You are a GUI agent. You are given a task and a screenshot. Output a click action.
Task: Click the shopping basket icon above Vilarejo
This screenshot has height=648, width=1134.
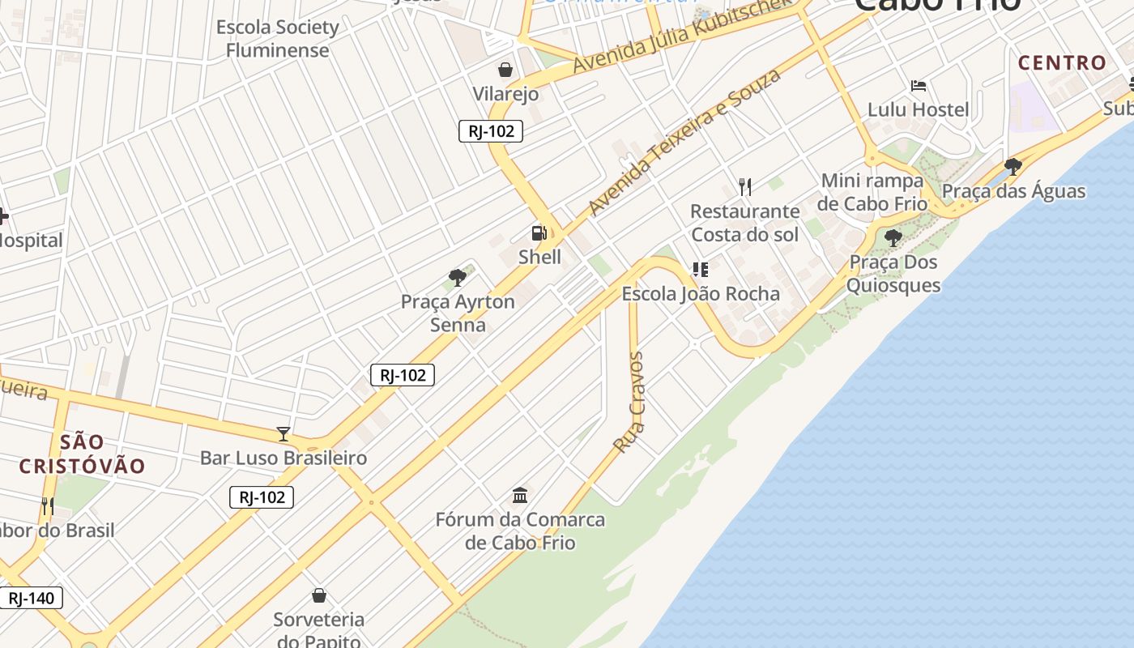coord(505,70)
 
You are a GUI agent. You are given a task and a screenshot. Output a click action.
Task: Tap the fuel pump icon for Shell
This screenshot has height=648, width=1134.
coord(539,233)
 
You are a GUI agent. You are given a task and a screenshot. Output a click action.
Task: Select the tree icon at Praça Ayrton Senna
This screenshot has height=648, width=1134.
coord(458,278)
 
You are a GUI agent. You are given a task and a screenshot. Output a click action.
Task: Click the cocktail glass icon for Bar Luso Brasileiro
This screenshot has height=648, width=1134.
coord(283,434)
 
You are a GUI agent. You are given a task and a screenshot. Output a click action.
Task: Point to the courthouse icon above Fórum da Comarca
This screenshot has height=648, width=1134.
coord(520,495)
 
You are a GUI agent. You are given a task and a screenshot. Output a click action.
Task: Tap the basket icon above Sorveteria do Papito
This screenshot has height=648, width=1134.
coord(319,596)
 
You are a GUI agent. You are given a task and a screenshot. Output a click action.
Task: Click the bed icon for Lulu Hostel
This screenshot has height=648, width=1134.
coord(918,86)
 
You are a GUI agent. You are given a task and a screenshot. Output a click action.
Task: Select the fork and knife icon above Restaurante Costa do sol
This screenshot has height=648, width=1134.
coord(745,187)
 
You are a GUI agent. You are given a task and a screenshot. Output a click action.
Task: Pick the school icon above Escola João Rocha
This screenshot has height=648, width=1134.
coord(701,270)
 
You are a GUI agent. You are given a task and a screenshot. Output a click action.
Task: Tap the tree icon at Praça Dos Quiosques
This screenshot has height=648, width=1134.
coord(893,238)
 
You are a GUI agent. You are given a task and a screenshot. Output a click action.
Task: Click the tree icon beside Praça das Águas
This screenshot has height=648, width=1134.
coord(1013,167)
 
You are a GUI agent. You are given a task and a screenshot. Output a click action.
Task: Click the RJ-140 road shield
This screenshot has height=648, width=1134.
coord(31,599)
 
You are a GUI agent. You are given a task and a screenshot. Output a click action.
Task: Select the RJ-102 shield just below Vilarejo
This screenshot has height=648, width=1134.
coord(491,131)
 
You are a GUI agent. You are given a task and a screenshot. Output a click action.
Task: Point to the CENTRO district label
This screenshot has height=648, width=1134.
coord(1062,62)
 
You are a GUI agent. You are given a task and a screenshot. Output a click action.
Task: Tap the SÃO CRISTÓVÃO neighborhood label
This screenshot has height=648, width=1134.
coord(82,454)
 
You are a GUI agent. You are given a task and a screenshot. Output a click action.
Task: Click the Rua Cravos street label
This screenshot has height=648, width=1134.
coord(629,402)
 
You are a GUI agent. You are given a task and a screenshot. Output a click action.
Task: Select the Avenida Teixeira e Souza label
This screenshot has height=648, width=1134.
coord(684,143)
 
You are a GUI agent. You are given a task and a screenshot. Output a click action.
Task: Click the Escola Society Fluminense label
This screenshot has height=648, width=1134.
coord(277,38)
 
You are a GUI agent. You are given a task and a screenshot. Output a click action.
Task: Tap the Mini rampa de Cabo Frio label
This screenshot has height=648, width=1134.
coord(872,191)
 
